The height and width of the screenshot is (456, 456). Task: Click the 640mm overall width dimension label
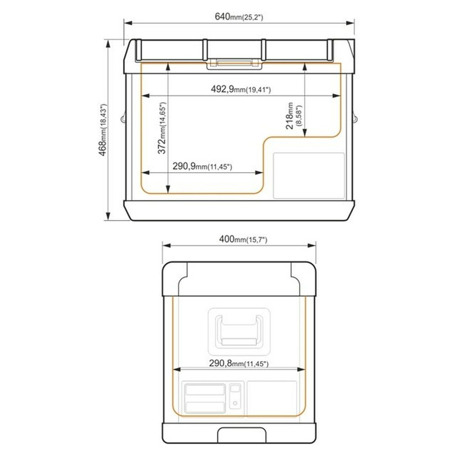239,17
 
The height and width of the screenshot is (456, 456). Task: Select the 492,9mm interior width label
241,89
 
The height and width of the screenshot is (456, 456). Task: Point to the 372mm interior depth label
162,128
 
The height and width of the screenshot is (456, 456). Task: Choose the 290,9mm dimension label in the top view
202,166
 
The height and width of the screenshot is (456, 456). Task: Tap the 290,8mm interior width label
239,363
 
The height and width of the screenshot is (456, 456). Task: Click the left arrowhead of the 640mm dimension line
128,23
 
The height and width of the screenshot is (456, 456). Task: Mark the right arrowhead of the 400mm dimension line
312,245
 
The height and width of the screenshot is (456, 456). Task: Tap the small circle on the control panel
235,403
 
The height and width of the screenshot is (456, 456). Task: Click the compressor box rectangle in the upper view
309,175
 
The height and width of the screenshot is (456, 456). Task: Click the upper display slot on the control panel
205,389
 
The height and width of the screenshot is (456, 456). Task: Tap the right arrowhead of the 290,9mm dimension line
259,173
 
